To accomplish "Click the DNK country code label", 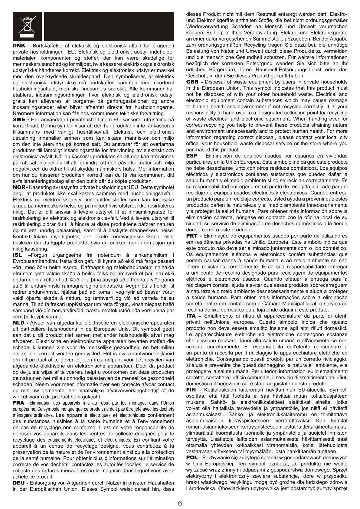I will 19,46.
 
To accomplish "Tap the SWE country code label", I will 19,119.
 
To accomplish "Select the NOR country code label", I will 19,187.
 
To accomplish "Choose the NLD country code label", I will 19,323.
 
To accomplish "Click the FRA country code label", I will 19,403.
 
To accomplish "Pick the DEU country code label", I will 19,483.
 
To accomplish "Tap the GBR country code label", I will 193,82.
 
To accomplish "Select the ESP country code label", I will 192,156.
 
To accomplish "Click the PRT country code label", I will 192,236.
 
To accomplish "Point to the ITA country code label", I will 191,316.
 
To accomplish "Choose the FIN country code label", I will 191,390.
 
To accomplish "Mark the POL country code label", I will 192,457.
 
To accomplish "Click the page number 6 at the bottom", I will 180,503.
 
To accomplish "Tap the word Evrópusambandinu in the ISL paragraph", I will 33,261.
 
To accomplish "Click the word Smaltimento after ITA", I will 219,316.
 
